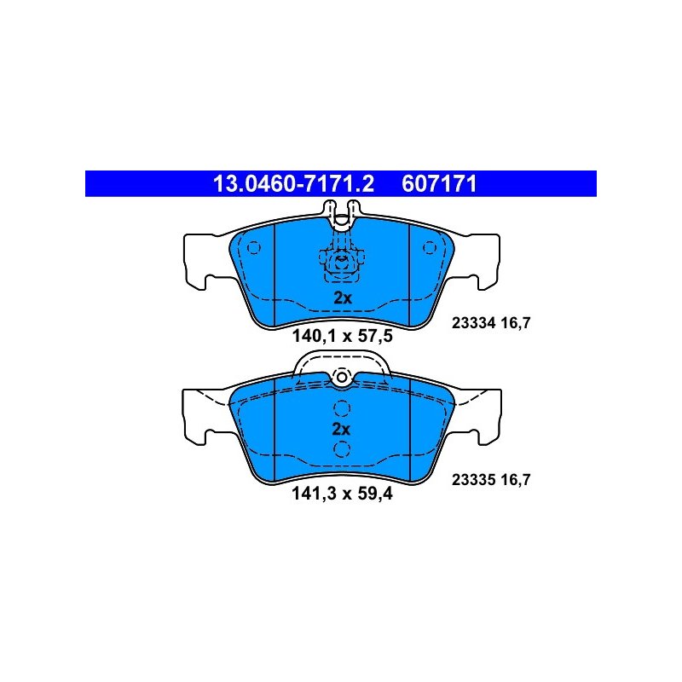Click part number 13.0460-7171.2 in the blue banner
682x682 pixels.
pos(293,183)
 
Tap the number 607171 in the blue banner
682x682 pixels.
pos(439,183)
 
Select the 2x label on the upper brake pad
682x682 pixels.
pos(343,298)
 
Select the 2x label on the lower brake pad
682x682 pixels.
pos(341,430)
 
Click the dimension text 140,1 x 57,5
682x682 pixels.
pos(343,336)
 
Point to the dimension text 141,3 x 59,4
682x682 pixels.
pos(343,494)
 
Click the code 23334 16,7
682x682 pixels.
pos(491,323)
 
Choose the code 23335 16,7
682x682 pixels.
pos(491,480)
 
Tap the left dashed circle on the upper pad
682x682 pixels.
pos(253,248)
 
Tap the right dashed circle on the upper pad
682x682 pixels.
pos(430,248)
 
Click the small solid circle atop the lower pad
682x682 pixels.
pos(342,377)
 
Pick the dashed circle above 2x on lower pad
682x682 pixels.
pos(342,408)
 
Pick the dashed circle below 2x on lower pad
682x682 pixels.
pos(342,449)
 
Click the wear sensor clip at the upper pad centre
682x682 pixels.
pos(342,264)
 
